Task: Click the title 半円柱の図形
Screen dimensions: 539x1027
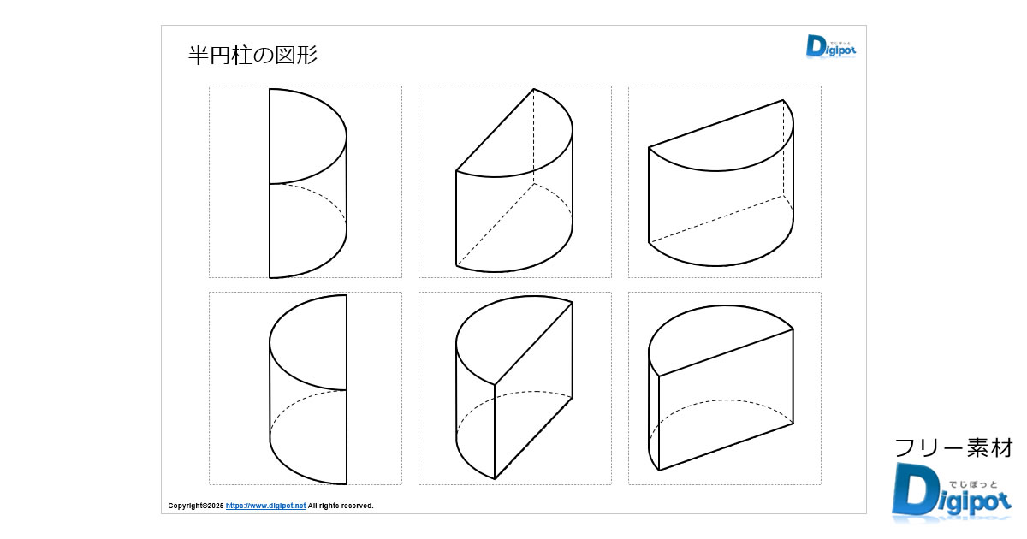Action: coord(252,56)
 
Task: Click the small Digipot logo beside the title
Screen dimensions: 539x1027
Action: coord(830,46)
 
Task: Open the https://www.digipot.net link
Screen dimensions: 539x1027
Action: coord(265,506)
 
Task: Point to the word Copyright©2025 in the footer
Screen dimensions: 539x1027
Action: coord(196,506)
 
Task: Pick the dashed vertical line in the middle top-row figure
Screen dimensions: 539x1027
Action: coord(534,137)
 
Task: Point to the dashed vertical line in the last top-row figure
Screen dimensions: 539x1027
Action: coord(784,150)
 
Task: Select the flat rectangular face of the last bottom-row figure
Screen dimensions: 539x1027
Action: coord(726,398)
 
